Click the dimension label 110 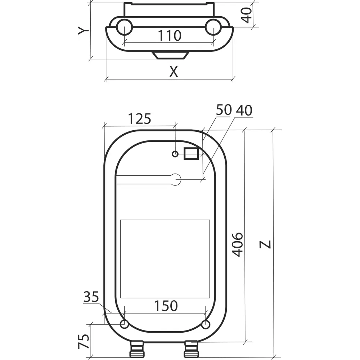click(x=169, y=36)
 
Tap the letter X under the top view click(x=174, y=72)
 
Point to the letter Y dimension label click(x=84, y=31)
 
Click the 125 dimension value click(x=140, y=118)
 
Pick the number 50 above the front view click(x=223, y=110)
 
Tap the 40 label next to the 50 click(x=244, y=110)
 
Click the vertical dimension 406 click(x=237, y=244)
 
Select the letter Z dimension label click(x=266, y=244)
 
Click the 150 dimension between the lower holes click(x=166, y=306)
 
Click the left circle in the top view click(x=124, y=27)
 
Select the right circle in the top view click(x=213, y=27)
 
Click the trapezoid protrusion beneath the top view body click(x=170, y=55)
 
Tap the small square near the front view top click(x=191, y=154)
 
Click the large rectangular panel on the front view click(x=165, y=258)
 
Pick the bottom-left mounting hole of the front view click(x=124, y=324)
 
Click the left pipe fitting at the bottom click(x=136, y=348)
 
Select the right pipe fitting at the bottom click(x=191, y=348)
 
